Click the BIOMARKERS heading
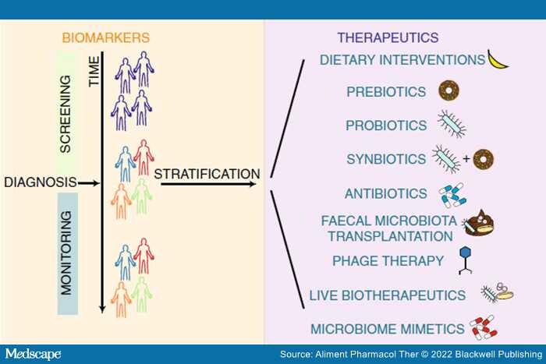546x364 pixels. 106,37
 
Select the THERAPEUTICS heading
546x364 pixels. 388,37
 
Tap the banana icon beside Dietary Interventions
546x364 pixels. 498,61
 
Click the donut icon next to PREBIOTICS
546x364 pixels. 448,90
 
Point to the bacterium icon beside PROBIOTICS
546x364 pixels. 452,124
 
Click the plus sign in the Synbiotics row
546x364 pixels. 466,159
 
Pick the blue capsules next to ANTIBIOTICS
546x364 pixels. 452,195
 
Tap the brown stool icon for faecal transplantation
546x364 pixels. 478,224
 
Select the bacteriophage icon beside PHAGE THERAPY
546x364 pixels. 465,260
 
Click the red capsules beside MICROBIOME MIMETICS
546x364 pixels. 484,328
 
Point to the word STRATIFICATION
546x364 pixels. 207,174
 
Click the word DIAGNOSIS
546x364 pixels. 41,182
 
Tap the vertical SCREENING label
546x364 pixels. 66,114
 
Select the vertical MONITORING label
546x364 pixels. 66,253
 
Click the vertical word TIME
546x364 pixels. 94,72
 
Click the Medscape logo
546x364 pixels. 33,354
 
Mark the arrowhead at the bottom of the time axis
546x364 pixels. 102,309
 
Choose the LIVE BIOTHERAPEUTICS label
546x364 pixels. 388,295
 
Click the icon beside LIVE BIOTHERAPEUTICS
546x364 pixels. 497,292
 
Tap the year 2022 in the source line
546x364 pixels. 441,354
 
